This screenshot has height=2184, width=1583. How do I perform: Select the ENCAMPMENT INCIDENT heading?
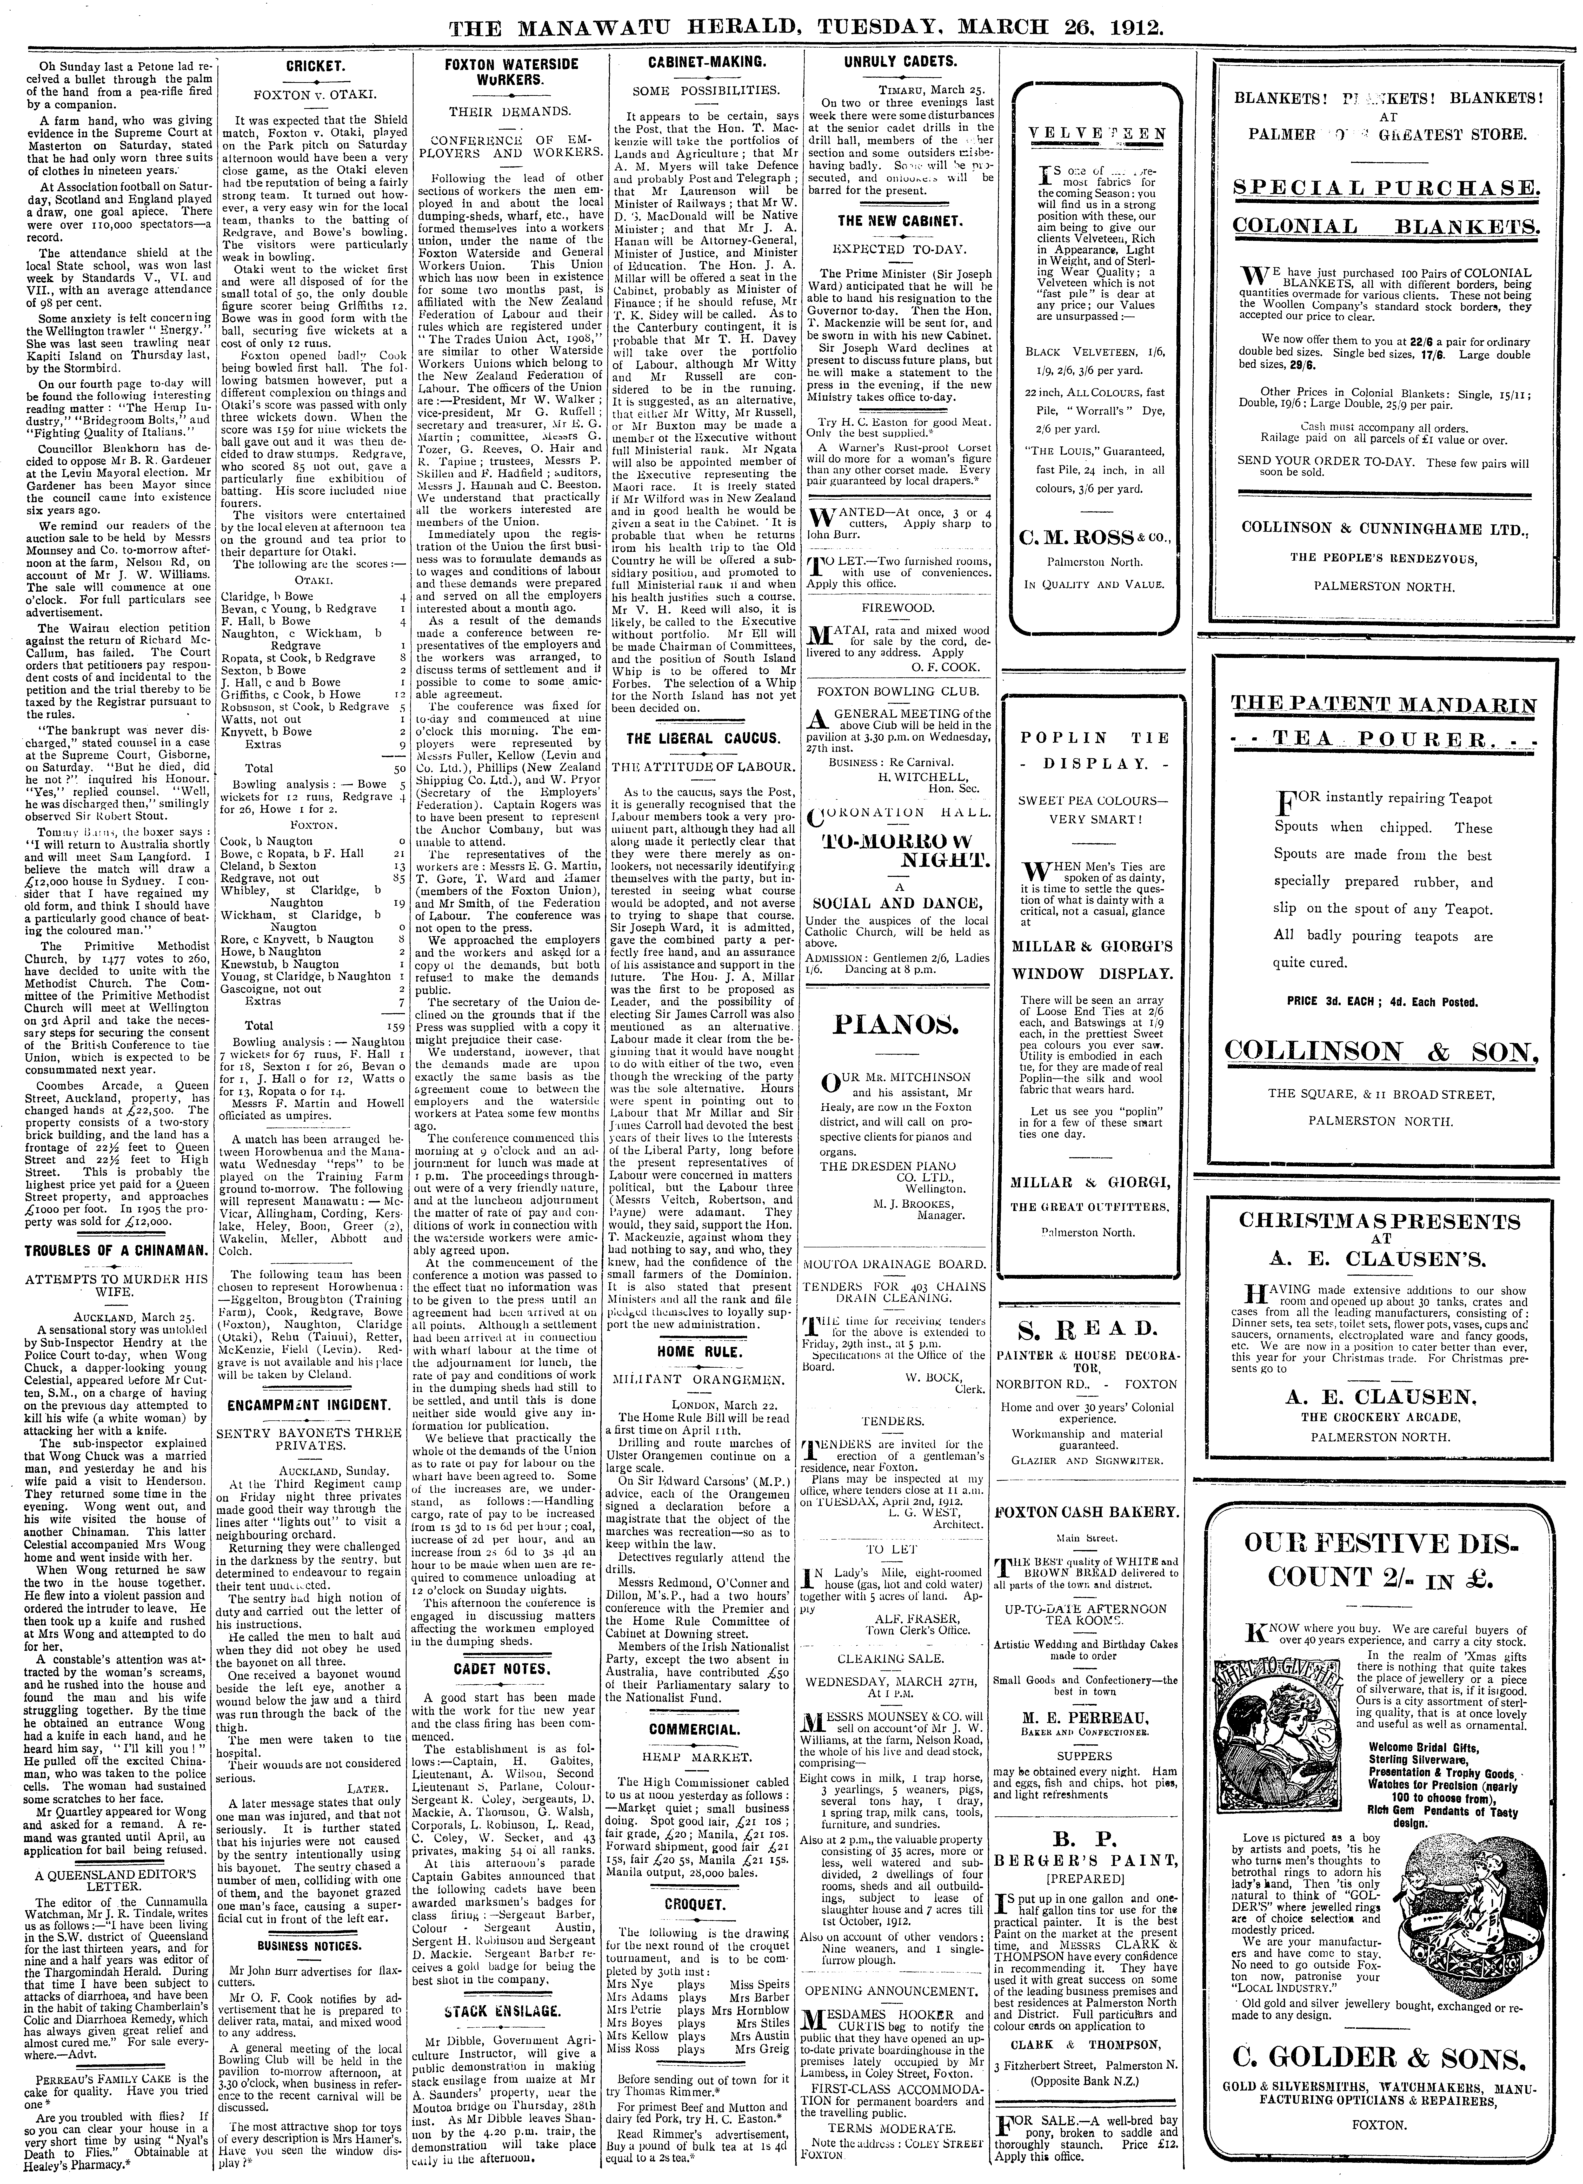point(309,1404)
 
